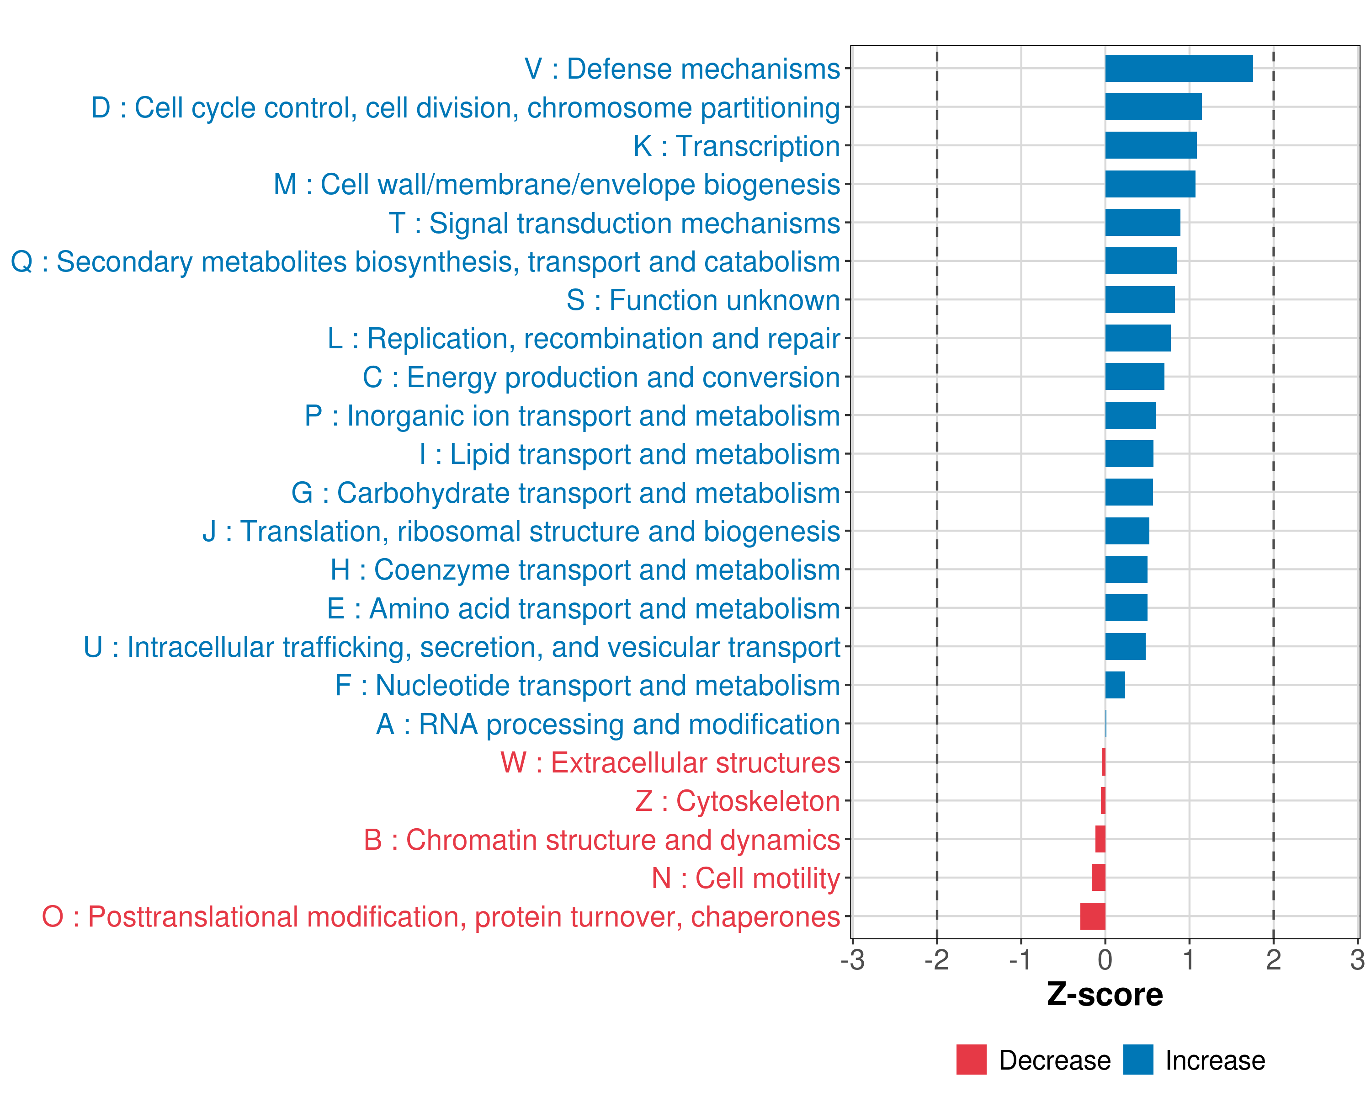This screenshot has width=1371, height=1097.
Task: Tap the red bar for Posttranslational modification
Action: (1093, 916)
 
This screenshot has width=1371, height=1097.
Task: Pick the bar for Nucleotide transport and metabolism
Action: (1115, 685)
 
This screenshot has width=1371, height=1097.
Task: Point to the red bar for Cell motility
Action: (1098, 878)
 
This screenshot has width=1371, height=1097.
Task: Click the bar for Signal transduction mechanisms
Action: (1142, 223)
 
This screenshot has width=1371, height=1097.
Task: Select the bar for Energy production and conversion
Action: (1134, 377)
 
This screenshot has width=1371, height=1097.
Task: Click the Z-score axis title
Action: (1105, 995)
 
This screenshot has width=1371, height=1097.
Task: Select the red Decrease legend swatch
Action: (971, 1060)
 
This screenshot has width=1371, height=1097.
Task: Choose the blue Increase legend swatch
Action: (1137, 1060)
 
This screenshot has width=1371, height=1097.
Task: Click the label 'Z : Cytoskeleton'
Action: (738, 801)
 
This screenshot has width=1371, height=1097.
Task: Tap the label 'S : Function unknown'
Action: (703, 300)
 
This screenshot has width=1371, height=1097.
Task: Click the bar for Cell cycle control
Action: (1153, 107)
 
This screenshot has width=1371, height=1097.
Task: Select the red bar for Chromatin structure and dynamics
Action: (1100, 840)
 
